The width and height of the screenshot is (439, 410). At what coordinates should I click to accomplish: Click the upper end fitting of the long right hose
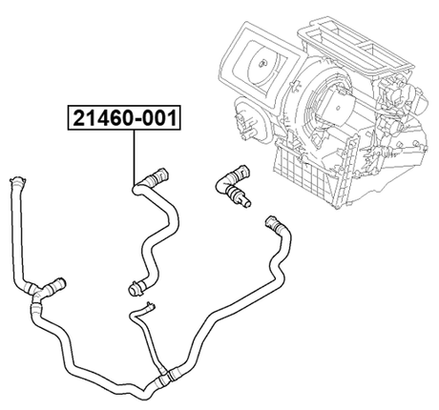tap(272, 224)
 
